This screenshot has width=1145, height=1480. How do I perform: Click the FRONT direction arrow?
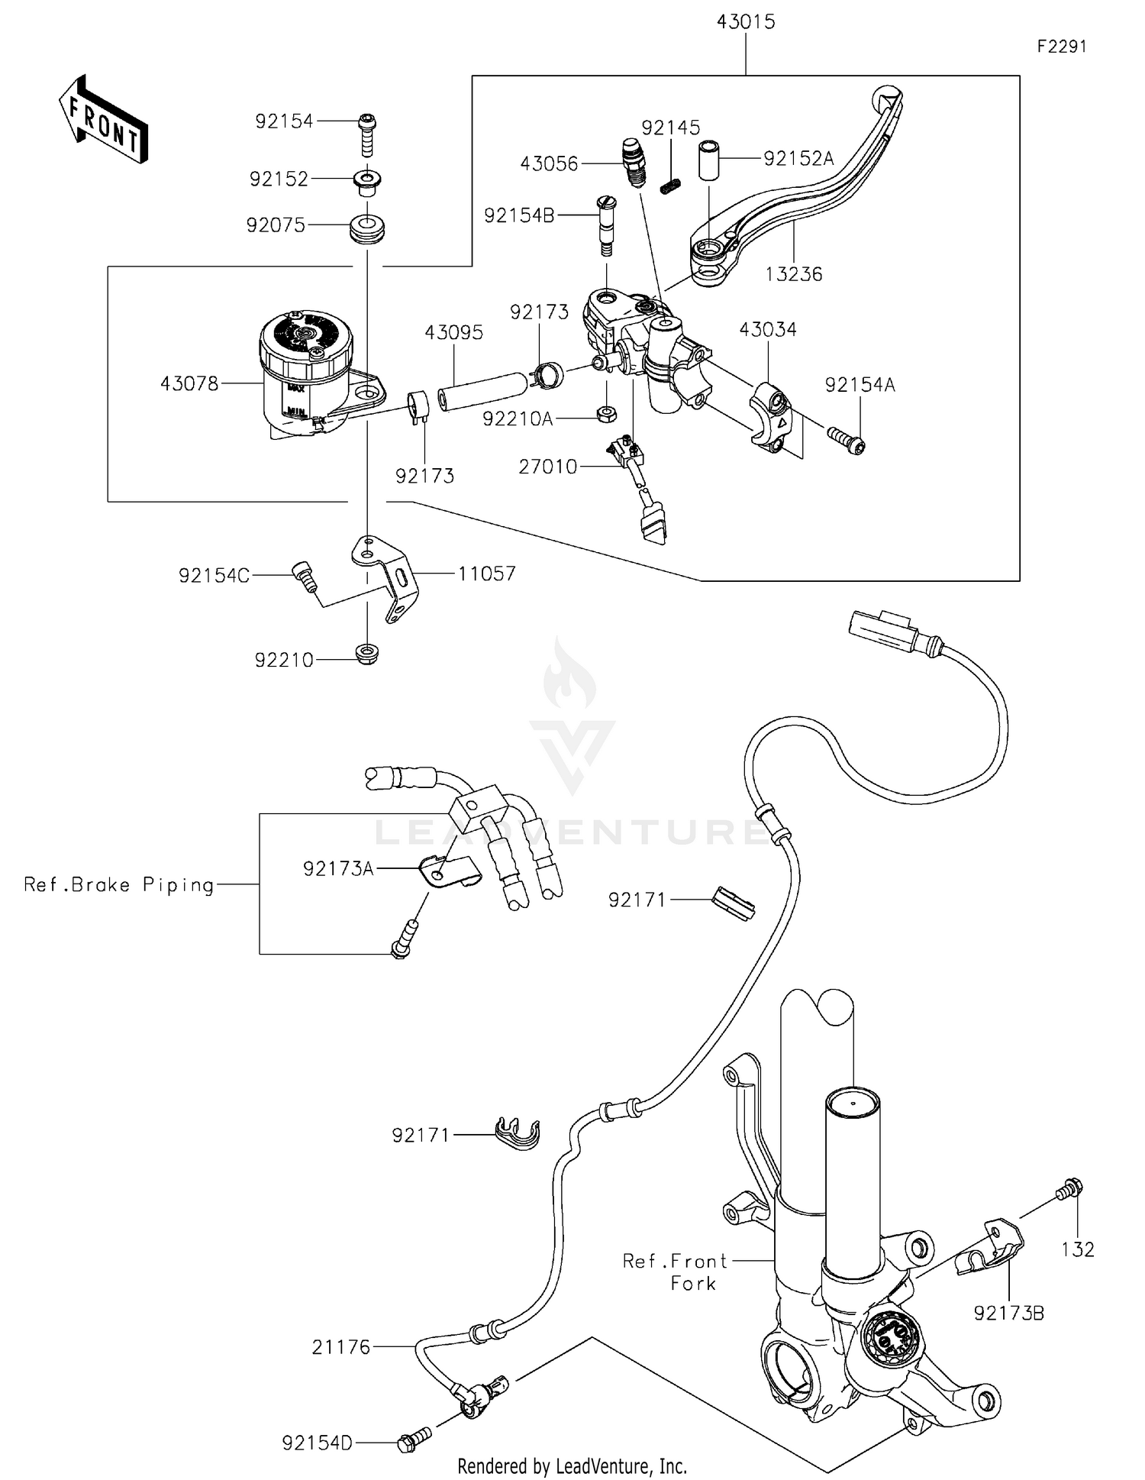(103, 120)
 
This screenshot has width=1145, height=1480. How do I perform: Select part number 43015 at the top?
(745, 22)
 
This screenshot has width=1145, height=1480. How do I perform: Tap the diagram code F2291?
(1061, 47)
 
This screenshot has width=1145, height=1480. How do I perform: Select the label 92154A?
(860, 386)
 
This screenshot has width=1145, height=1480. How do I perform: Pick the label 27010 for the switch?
(547, 467)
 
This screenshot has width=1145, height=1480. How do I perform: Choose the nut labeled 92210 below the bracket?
(367, 655)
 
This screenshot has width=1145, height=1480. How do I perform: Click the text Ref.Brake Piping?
(119, 884)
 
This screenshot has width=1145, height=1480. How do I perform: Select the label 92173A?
(338, 869)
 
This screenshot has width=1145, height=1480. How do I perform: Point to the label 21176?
(340, 1348)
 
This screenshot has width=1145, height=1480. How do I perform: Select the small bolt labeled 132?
(1069, 1189)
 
